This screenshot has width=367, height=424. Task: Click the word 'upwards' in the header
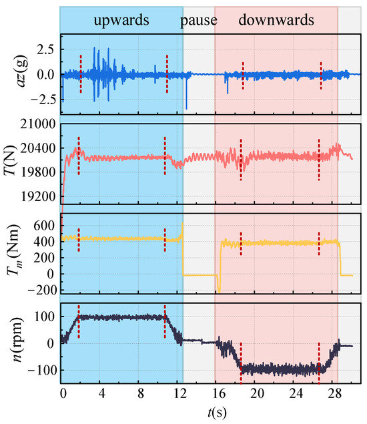[x=121, y=21]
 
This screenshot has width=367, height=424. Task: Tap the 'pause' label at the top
[x=199, y=21]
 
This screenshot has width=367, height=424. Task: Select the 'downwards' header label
[x=276, y=20]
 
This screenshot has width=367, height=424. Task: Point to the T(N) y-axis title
[x=11, y=160]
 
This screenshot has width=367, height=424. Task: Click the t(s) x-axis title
[x=218, y=413]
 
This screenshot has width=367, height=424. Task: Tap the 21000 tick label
[x=38, y=124]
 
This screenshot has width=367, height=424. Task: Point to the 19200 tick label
[x=38, y=196]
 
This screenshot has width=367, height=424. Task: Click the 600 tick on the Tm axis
[x=44, y=225]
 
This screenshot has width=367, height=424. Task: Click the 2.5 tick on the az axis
[x=45, y=49]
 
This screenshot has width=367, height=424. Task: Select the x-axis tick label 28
[x=334, y=393]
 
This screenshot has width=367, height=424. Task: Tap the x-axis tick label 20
[x=257, y=393]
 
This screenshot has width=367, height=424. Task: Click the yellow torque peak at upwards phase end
[x=182, y=230]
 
